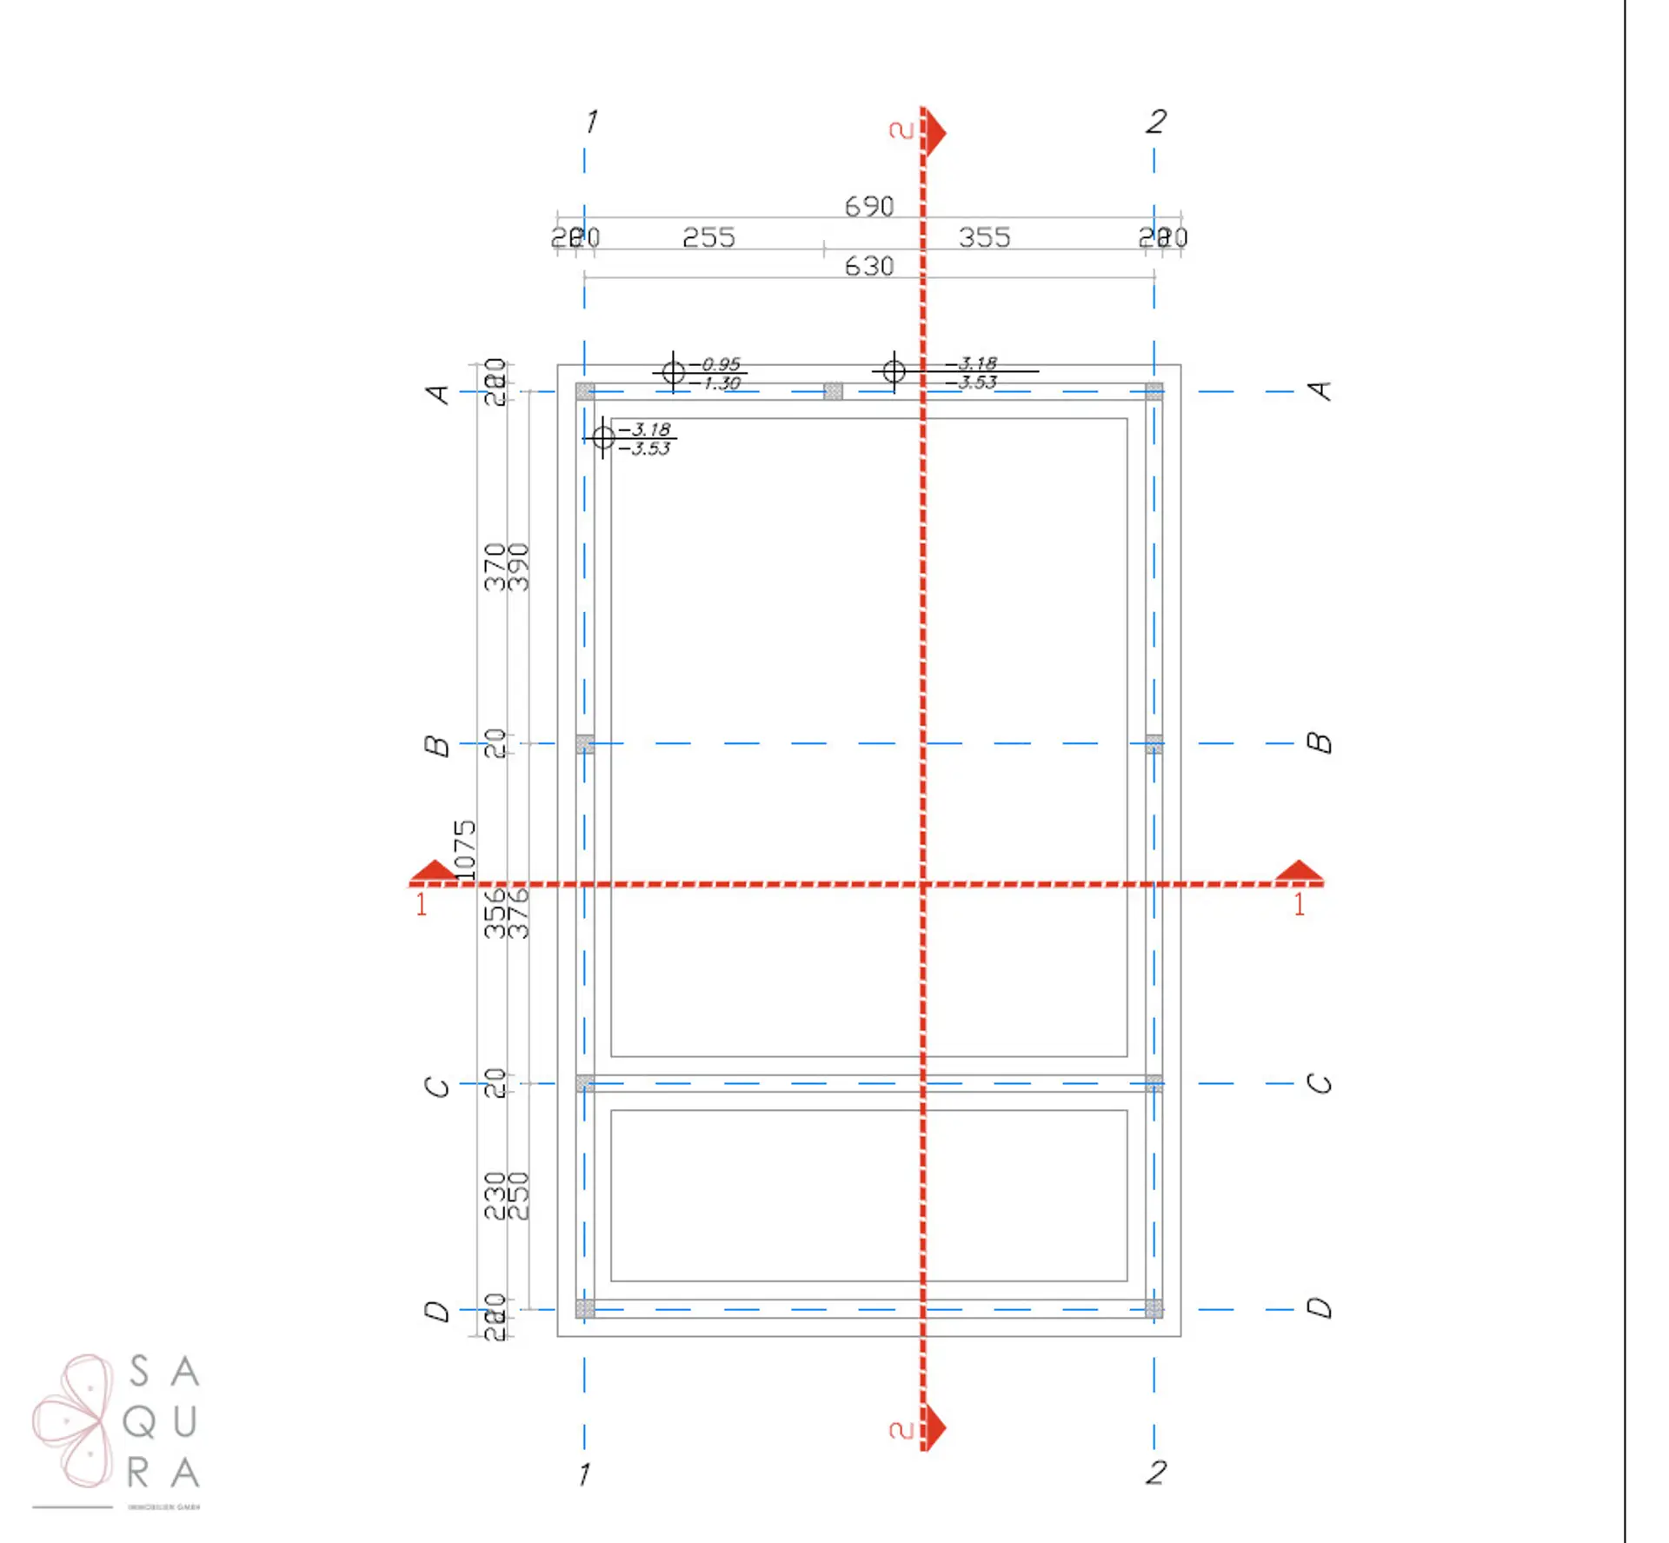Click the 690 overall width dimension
[868, 206]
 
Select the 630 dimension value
[868, 266]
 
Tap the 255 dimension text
[708, 237]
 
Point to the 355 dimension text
[984, 237]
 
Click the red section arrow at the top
[934, 133]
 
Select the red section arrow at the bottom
[934, 1428]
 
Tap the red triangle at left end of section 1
[433, 871]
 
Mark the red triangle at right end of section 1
[1299, 871]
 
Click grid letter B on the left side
[437, 746]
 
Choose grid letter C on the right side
[1320, 1084]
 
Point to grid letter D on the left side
[437, 1311]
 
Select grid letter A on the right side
[1320, 391]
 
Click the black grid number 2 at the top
[1155, 122]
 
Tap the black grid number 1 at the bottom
[584, 1473]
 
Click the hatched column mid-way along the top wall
[833, 391]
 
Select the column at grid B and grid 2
[1154, 744]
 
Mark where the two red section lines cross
[923, 884]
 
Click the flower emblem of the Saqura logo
[75, 1420]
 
